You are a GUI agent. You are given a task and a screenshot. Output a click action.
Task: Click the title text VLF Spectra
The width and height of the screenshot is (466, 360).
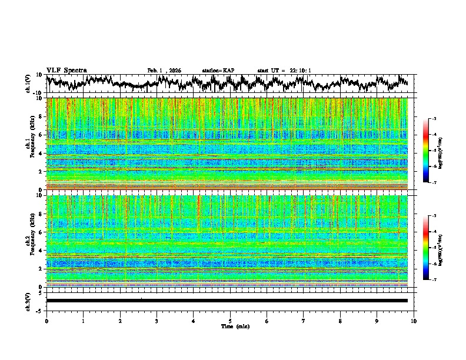pos(66,70)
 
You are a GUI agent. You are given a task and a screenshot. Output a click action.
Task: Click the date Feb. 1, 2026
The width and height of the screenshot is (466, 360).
pos(164,71)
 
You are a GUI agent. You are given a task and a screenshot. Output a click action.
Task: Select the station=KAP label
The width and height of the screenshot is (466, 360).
pos(218,71)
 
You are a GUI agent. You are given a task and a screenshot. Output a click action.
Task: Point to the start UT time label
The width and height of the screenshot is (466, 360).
pos(284,71)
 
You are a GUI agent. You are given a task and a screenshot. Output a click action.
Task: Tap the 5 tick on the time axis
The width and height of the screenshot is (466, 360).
pos(230,321)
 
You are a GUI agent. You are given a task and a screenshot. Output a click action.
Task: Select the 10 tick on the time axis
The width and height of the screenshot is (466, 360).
pos(414,321)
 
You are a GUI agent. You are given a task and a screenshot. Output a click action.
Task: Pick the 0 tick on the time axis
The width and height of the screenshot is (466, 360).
pos(46,321)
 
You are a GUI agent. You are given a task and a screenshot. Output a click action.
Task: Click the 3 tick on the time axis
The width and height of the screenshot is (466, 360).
pos(157,321)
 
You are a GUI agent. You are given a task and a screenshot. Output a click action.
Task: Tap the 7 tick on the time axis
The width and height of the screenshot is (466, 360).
pos(304,321)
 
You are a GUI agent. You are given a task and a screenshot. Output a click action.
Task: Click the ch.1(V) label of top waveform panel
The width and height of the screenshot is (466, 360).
pos(28,84)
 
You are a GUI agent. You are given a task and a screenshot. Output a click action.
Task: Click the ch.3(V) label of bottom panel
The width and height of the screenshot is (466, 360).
pos(28,300)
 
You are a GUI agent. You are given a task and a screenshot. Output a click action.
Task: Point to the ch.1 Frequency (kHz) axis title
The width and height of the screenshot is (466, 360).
pos(31,144)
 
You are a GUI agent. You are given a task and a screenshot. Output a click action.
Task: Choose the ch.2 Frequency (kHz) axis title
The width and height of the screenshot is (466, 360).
pos(31,241)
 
